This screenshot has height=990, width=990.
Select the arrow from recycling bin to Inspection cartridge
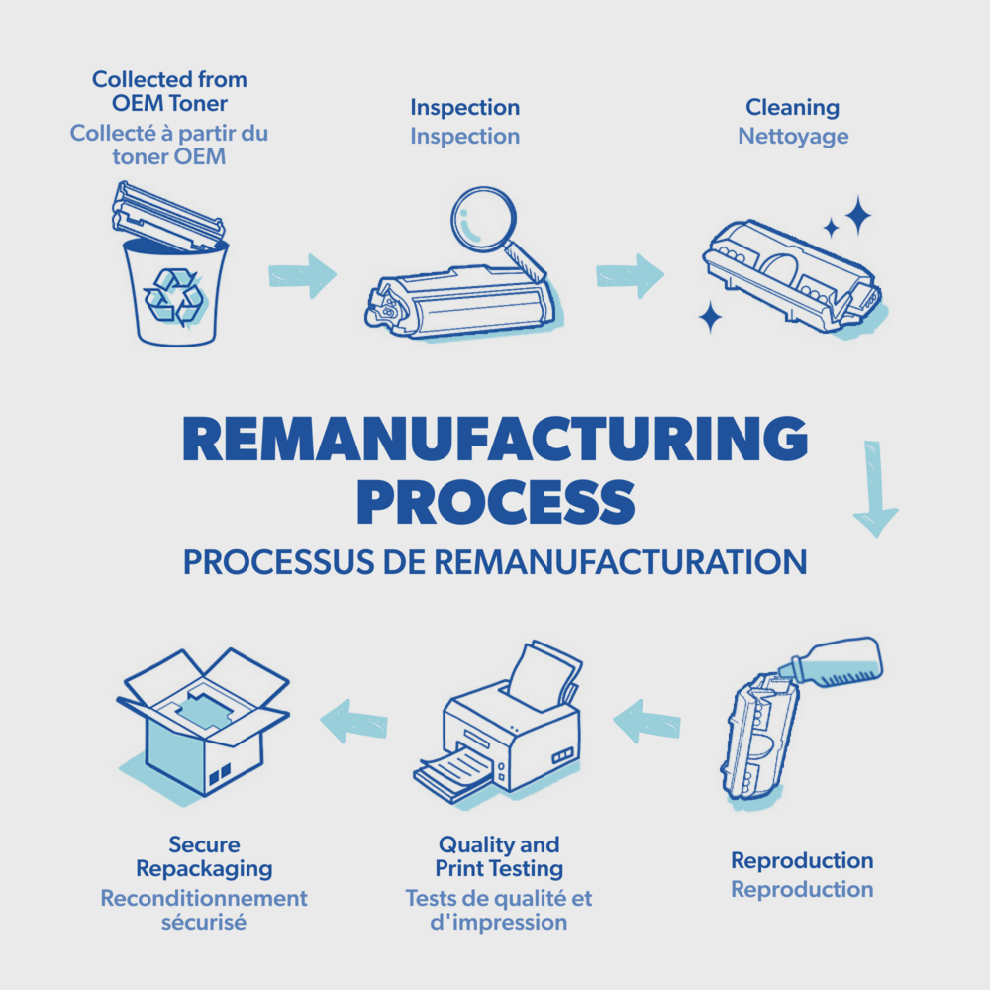tap(303, 274)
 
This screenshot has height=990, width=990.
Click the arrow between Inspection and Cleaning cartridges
tap(630, 275)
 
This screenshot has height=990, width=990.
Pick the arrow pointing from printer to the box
tap(353, 720)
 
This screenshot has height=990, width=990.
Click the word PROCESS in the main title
tap(495, 502)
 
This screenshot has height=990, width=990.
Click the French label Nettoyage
tap(793, 136)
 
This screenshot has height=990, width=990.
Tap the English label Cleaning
tap(792, 107)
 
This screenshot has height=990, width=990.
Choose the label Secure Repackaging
tap(204, 857)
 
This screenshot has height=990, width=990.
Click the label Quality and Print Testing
tap(499, 857)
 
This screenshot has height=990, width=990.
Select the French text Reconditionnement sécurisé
tap(204, 910)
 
